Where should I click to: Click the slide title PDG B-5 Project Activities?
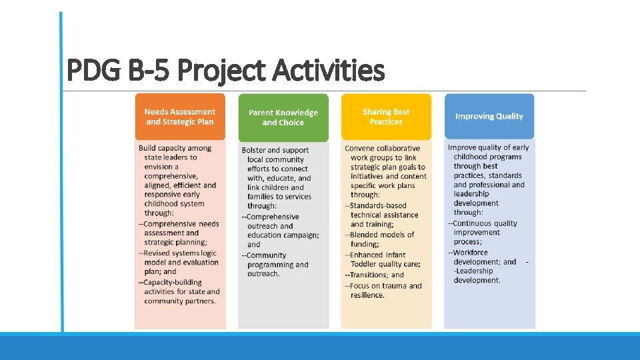coord(226,70)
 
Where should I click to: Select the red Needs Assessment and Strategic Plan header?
coord(180,117)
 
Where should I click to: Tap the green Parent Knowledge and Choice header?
coord(283,117)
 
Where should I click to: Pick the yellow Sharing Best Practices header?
coord(386,117)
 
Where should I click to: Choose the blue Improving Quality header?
coord(489,116)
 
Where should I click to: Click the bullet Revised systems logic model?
coord(179,262)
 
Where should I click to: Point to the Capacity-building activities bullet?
coord(179,291)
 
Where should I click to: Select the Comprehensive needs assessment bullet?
coord(179,233)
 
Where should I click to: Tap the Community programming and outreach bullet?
coord(276,264)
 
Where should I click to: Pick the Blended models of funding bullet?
coord(381,239)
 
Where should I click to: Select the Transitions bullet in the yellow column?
coord(375,275)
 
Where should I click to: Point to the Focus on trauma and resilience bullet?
coord(384,290)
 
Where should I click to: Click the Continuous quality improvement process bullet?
coord(484,233)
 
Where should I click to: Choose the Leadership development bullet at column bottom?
coord(476,276)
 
